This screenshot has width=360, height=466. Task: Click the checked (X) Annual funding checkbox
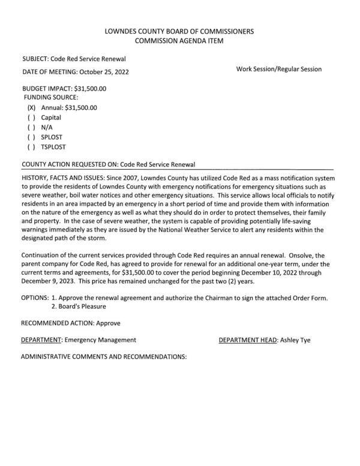tap(32, 108)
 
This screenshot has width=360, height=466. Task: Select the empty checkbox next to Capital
tap(32, 118)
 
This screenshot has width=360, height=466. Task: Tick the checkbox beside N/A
tap(32, 127)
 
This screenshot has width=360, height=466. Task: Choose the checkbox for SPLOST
tap(32, 137)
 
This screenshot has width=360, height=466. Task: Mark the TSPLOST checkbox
tap(32, 146)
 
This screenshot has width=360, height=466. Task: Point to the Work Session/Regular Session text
tap(279, 69)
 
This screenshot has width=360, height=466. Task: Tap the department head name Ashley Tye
tap(295, 340)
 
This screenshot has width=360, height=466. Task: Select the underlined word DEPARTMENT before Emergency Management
tap(41, 340)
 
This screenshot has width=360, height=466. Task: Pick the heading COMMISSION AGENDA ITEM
tap(179, 41)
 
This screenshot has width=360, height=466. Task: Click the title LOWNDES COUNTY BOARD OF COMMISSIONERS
tap(179, 31)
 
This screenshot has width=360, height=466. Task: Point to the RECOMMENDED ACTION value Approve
tap(108, 323)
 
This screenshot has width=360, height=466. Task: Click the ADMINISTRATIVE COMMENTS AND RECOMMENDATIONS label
tap(104, 357)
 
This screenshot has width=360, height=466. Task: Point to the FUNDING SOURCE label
tap(51, 97)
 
